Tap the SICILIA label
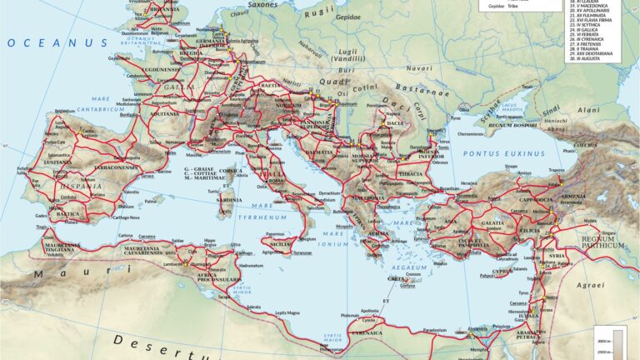[280, 244]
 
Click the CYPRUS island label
[500, 271]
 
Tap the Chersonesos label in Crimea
[470, 133]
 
